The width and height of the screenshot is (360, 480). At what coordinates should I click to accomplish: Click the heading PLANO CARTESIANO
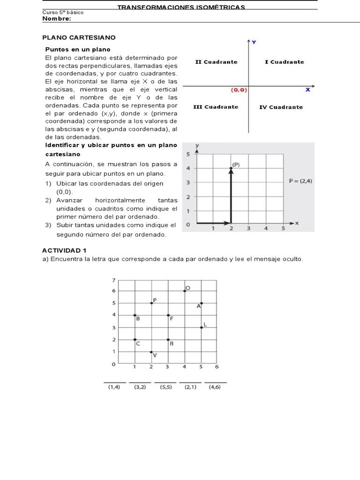click(79, 37)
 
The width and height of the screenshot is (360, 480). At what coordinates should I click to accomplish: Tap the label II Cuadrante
click(216, 62)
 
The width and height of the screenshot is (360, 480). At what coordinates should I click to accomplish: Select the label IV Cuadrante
click(281, 107)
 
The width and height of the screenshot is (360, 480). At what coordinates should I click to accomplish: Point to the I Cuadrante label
click(284, 62)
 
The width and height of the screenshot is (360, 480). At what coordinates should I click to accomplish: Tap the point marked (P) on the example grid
click(231, 168)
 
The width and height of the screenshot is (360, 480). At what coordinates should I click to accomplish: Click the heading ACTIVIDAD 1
click(64, 250)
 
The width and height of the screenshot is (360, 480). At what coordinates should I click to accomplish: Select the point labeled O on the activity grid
click(185, 291)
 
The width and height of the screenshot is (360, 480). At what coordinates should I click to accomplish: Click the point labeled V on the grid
click(151, 352)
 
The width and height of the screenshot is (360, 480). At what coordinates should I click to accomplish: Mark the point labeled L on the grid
click(201, 327)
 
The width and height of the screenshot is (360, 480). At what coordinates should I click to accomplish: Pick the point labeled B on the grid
click(135, 315)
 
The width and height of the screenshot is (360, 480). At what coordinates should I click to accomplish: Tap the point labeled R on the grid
click(168, 340)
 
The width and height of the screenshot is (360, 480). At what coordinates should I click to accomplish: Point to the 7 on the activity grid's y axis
click(113, 280)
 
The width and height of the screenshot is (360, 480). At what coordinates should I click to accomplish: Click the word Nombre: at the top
click(57, 19)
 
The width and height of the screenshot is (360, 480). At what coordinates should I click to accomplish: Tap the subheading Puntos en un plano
click(78, 49)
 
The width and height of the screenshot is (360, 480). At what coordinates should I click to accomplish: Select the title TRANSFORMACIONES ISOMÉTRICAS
click(181, 7)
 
